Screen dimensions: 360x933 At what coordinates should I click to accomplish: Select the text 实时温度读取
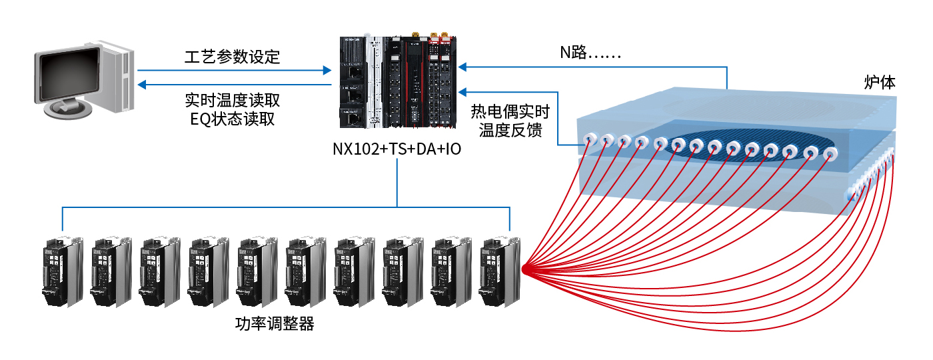(233, 101)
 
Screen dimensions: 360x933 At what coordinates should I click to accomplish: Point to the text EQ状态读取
(233, 119)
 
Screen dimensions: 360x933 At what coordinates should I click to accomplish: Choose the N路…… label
(590, 53)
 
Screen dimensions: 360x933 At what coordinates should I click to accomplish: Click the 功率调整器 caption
(275, 325)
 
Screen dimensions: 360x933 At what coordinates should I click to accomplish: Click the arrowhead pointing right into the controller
(327, 69)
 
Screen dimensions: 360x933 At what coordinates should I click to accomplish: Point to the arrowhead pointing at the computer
(141, 85)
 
